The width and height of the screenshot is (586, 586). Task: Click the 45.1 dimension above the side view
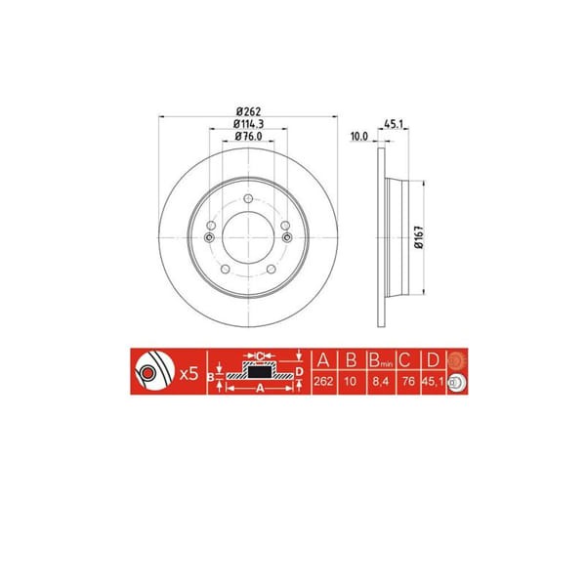(x=394, y=123)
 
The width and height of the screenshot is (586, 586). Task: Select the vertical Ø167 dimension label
(x=417, y=240)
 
